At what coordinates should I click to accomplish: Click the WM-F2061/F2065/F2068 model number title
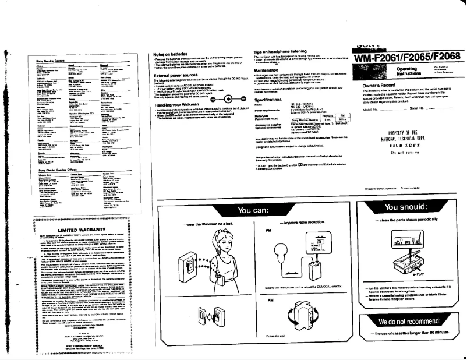[x=406, y=57]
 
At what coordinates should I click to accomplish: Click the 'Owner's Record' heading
[x=378, y=84]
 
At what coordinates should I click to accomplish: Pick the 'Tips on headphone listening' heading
[x=280, y=52]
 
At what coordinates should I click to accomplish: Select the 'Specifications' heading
[x=270, y=99]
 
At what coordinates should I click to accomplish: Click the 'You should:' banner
[x=406, y=208]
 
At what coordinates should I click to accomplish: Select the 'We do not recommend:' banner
[x=406, y=322]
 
